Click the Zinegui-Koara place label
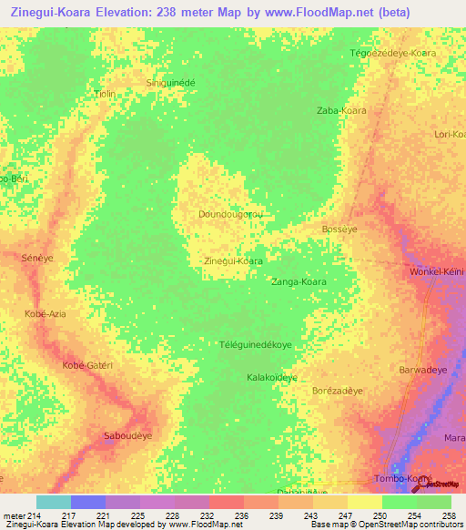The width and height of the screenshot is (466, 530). point(233,260)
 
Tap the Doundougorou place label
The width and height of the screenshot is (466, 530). point(231,214)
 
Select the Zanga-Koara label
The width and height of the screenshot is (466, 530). point(299,282)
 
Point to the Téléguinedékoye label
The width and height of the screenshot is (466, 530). point(256,345)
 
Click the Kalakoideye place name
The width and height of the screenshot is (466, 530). point(272,377)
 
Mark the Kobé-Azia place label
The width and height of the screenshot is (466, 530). point(46,313)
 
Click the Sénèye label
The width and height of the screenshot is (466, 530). point(38,259)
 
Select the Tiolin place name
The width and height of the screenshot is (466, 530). point(106,94)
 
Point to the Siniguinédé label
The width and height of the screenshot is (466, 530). point(171,82)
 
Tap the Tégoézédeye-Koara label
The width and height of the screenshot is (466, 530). point(393,53)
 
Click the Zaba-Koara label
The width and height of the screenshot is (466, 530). point(341,110)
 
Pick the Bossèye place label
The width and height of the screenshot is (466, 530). point(340,229)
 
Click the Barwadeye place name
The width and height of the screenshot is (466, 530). point(423,371)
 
